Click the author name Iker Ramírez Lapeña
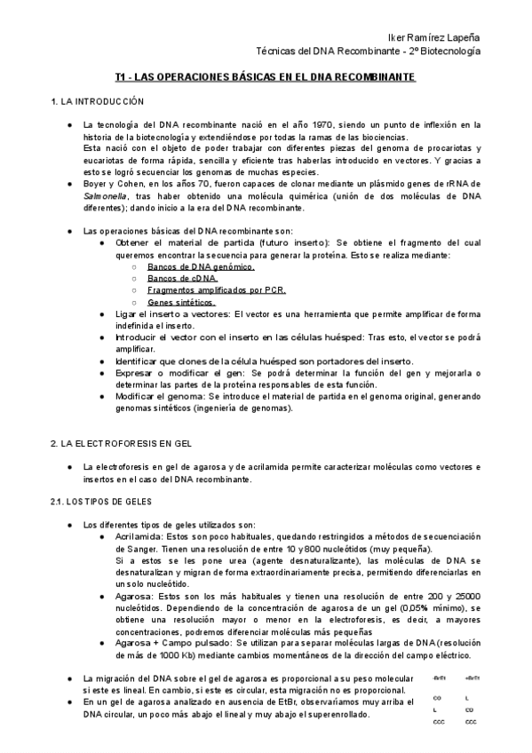(434, 37)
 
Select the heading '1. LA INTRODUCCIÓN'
(91, 103)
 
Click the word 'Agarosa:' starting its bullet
(134, 597)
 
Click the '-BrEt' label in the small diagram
(439, 678)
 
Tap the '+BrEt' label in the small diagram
(471, 678)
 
